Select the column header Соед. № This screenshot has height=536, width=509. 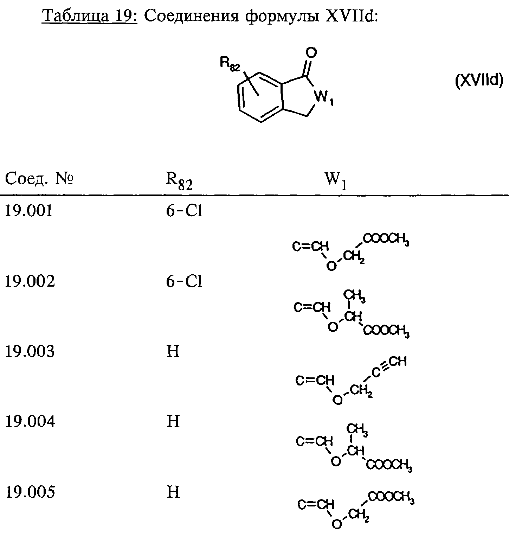coord(39,179)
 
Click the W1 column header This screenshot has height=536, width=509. coord(336,181)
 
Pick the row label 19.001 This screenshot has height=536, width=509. coord(29,211)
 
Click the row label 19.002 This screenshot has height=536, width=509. coord(30,281)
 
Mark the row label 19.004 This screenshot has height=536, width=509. coord(30,421)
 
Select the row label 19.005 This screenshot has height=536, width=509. coord(30,492)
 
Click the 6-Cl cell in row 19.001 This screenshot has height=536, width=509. coord(184,211)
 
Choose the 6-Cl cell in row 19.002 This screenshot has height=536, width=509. coord(184,281)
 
